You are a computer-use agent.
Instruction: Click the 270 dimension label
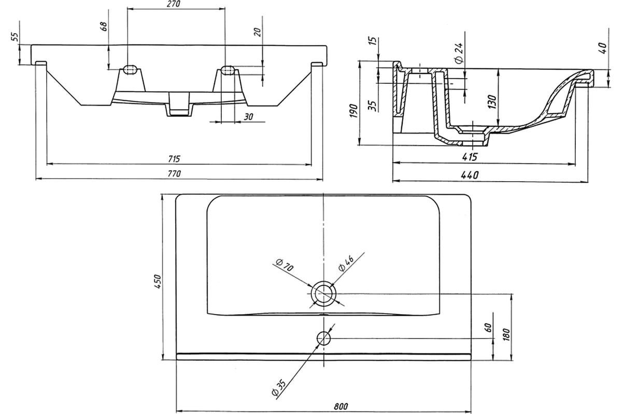point(174,4)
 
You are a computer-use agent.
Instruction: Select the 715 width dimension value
point(174,159)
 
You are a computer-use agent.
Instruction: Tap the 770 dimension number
point(174,173)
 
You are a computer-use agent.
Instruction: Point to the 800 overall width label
point(341,407)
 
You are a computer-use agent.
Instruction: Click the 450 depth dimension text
point(158,282)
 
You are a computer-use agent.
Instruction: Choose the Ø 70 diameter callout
point(285,265)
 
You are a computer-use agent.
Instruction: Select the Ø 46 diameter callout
point(346,264)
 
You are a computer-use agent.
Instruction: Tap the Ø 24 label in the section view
point(459,53)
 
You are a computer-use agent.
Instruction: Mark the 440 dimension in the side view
point(470,175)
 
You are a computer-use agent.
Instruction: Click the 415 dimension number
point(470,157)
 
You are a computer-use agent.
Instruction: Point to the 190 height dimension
point(354,111)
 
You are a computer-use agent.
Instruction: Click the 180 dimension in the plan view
point(506,334)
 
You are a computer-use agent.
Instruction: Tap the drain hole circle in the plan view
point(323,293)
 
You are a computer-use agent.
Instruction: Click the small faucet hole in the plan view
point(324,338)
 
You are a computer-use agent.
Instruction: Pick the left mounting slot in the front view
point(130,69)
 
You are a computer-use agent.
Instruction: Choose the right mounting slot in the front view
point(228,69)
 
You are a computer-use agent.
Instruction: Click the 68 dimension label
point(104,26)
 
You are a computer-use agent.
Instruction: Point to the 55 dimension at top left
point(15,37)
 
